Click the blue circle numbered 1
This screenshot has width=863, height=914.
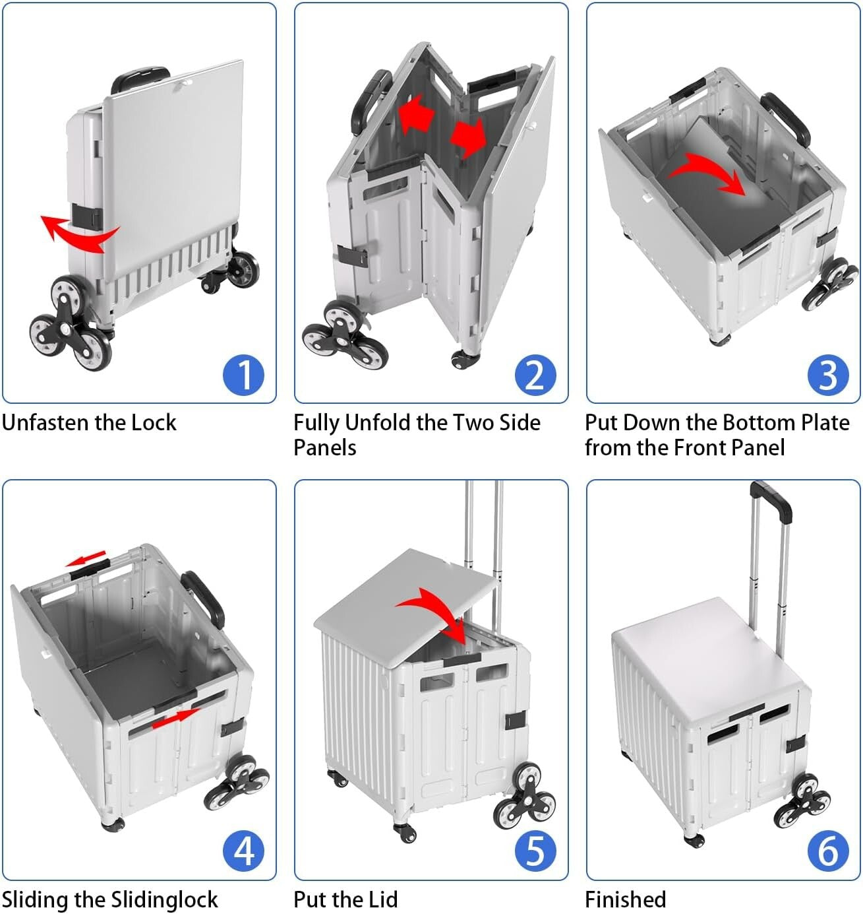243,375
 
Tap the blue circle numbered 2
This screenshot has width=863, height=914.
535,375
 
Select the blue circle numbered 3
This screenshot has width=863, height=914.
827,375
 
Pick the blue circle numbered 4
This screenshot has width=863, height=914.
243,851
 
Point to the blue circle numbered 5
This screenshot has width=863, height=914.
535,851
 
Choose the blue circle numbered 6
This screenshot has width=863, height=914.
827,851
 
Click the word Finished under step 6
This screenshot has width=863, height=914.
625,899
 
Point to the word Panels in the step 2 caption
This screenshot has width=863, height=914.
324,447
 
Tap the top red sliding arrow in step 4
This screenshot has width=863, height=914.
87,560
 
